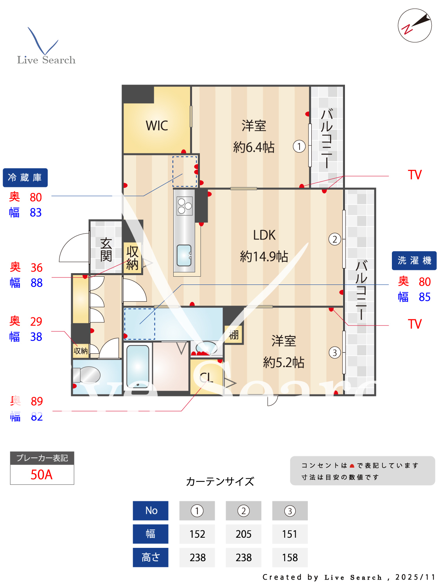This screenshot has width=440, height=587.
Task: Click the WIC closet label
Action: [157, 126]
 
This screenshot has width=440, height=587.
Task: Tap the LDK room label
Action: [264, 235]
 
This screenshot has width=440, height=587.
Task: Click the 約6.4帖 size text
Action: [254, 148]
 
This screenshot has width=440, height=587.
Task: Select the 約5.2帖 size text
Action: [284, 363]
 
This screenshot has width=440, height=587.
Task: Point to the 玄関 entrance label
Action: [106, 250]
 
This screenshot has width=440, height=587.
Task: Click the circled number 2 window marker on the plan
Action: [334, 239]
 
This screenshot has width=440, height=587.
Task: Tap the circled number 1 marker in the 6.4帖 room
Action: [299, 147]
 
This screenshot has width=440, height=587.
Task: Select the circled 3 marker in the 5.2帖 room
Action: [334, 353]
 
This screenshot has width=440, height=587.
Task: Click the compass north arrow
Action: [415, 25]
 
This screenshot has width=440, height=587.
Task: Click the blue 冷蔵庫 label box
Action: [25, 178]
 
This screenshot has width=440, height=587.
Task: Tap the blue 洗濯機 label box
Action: [414, 261]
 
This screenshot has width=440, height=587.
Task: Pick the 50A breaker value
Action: [42, 475]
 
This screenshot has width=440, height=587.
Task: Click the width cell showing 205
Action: [243, 534]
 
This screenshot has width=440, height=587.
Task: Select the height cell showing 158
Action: [290, 558]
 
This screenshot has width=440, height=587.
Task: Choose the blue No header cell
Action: [151, 511]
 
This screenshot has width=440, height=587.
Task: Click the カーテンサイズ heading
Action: [220, 481]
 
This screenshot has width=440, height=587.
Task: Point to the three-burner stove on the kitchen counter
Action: [185, 206]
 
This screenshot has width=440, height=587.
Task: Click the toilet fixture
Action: [87, 375]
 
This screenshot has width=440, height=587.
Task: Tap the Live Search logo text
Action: [46, 60]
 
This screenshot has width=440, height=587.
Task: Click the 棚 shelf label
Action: [234, 335]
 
